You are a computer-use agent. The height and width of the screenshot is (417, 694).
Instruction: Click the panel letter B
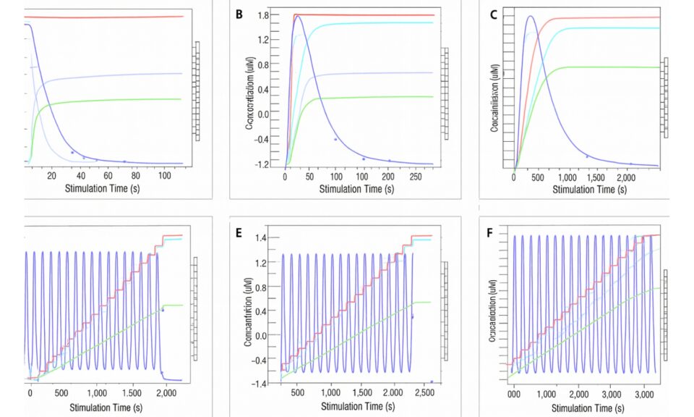(x=239, y=14)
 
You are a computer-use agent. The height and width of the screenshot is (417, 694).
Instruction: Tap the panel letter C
(x=493, y=15)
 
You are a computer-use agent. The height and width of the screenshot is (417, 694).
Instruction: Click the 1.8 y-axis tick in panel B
(x=262, y=15)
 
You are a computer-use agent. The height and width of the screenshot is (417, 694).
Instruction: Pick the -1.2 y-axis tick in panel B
(x=261, y=164)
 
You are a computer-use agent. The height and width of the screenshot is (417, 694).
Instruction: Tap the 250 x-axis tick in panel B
(x=416, y=177)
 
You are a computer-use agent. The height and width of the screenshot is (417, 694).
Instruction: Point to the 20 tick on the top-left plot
(x=51, y=175)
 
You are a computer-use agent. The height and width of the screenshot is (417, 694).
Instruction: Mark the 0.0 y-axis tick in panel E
(x=261, y=335)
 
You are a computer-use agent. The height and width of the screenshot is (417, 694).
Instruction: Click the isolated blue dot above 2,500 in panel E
(x=432, y=382)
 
